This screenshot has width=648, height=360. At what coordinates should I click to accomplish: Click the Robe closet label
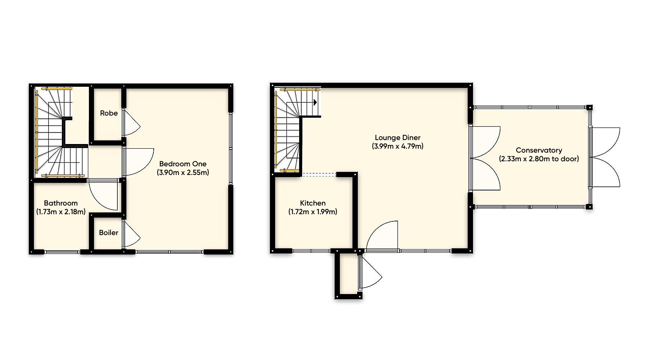pos(109,113)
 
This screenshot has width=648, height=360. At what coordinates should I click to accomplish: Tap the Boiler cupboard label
pos(108,233)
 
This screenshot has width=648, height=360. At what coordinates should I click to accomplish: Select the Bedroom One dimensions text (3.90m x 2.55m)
pos(183,172)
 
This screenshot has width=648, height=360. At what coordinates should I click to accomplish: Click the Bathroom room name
pos(60,203)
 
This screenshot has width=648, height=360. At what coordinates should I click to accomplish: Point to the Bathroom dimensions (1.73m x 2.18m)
pos(61,212)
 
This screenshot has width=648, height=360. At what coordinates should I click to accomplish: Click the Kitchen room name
pos(312,203)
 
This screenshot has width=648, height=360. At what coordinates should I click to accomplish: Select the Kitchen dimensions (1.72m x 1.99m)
pos(312,212)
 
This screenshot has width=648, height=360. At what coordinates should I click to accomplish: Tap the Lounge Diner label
pos(397,138)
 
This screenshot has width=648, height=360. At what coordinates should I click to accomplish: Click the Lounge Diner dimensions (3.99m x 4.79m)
pos(397,146)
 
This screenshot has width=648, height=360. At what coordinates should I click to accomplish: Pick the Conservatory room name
pos(539,150)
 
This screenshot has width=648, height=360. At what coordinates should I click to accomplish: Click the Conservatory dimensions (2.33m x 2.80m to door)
pos(539,159)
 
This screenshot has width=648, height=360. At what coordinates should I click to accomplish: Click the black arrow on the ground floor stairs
pos(315,102)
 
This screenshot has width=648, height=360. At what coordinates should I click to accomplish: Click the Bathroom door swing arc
pos(104,198)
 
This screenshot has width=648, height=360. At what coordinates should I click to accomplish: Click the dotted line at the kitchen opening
pos(319,175)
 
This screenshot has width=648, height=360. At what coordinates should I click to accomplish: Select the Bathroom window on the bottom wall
pos(62,252)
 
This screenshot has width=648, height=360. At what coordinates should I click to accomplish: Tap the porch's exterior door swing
pos(371,274)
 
